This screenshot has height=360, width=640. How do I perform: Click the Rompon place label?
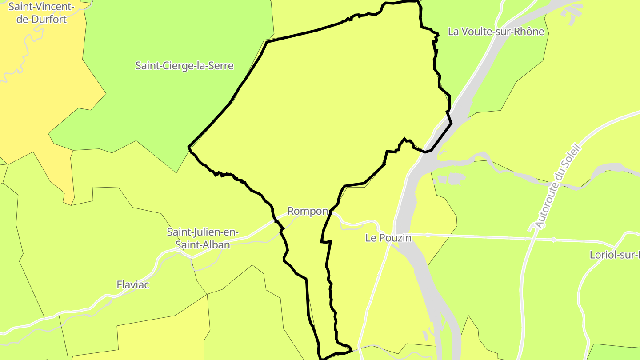[x=308, y=211]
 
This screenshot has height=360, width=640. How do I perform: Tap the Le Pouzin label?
[x=388, y=238]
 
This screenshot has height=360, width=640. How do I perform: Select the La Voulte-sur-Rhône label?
[x=496, y=32]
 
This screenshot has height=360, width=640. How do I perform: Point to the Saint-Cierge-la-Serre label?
[x=184, y=66]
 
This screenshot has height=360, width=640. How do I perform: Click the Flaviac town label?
[x=132, y=284]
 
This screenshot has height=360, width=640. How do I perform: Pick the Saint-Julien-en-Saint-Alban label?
[x=203, y=238]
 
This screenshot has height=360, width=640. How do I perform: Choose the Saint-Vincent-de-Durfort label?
[x=41, y=13]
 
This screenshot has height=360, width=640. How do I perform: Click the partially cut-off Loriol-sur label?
[x=614, y=255]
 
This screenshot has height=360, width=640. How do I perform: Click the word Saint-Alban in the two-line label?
[x=203, y=245]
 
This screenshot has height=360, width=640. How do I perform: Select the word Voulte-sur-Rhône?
[x=503, y=32]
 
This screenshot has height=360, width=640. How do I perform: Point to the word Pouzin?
[x=395, y=238]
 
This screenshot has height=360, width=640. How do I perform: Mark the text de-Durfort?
[x=41, y=19]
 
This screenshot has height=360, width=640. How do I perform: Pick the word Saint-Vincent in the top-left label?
[x=41, y=7]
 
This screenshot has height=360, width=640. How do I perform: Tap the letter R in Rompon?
[x=291, y=211]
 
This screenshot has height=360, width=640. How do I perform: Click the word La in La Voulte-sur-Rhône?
[x=454, y=32]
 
